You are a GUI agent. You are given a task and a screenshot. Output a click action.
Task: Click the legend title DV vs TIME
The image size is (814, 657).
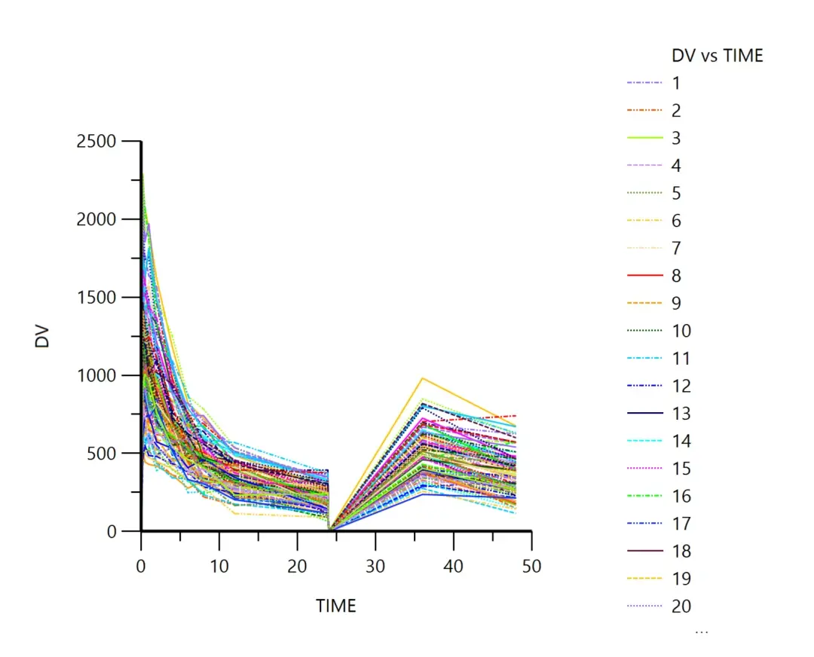[x=717, y=55]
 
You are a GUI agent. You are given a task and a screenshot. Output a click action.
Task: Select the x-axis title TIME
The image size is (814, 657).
[x=335, y=606]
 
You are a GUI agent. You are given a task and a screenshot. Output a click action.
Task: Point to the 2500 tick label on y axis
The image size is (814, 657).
[x=96, y=142]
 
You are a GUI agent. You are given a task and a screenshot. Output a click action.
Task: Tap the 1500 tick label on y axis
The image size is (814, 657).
[x=96, y=298]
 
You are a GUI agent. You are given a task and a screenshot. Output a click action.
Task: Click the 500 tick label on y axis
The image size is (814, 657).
[x=102, y=454]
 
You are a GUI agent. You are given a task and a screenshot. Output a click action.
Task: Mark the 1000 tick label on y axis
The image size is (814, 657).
[x=96, y=375]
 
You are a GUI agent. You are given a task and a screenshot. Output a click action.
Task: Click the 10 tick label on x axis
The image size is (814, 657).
[x=219, y=565]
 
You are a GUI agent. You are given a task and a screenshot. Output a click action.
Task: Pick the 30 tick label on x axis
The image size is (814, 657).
[x=375, y=565]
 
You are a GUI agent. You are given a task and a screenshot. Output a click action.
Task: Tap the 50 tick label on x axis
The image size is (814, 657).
[x=531, y=565]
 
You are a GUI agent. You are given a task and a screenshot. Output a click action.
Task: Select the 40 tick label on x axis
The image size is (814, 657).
[x=453, y=565]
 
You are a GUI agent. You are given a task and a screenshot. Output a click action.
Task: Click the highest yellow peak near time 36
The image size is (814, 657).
[x=423, y=378]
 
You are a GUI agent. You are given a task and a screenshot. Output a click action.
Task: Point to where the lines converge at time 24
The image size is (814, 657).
[x=329, y=529]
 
